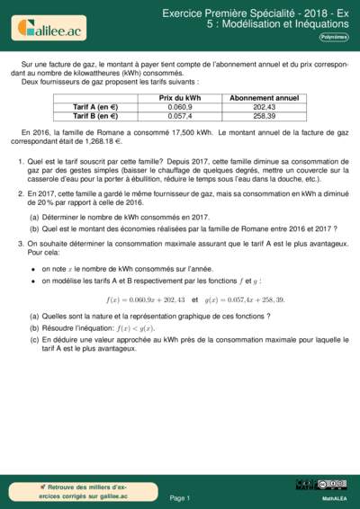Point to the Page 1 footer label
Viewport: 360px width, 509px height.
(x=180, y=497)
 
